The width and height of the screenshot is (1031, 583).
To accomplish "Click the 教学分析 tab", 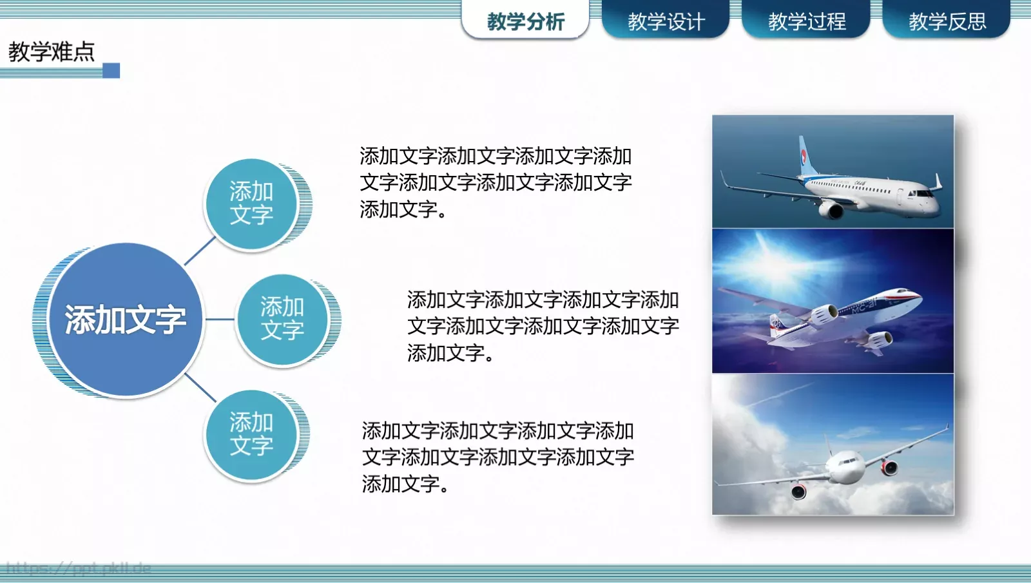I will (525, 21).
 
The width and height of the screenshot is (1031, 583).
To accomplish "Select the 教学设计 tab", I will (666, 21).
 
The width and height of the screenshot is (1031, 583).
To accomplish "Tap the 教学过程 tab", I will (806, 21).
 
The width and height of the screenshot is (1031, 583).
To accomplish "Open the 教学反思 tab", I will (947, 21).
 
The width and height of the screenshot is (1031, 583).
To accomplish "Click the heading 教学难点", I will (52, 52).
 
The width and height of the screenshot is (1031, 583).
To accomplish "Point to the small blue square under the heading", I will (111, 70).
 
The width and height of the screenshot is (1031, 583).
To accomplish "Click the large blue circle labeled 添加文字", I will (126, 320).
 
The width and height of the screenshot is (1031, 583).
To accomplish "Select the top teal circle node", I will (251, 204).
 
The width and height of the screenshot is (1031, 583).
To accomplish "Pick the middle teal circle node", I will (282, 319).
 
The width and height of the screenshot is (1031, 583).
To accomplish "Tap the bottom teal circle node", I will (251, 435).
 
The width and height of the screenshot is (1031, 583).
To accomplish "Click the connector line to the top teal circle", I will (200, 251).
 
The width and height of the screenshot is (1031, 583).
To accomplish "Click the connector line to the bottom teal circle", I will (200, 387).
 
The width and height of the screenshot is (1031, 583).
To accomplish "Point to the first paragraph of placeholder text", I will (495, 182).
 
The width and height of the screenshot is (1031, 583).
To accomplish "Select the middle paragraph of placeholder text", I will (543, 326).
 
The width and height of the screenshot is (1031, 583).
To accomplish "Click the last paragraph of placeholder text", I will (497, 457).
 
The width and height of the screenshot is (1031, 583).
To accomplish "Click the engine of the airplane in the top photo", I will (830, 209).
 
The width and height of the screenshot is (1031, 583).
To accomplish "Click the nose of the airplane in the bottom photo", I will (844, 467).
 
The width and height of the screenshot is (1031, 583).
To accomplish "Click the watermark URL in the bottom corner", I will (78, 568).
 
